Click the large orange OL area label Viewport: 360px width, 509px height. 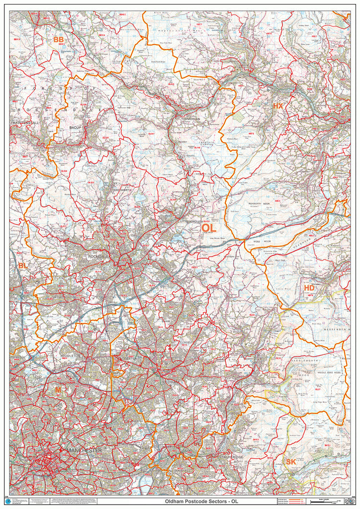209,228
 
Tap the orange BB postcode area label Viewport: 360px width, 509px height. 59,39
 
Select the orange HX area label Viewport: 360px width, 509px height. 277,106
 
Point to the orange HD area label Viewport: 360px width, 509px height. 309,288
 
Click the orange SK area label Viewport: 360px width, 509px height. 291,462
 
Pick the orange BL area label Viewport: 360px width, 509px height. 22,266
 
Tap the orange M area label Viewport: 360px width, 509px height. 58,390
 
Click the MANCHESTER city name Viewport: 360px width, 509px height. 84,450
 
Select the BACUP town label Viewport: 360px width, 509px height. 75,128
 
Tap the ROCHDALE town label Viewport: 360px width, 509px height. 97,256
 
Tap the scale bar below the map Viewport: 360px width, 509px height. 326,501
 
